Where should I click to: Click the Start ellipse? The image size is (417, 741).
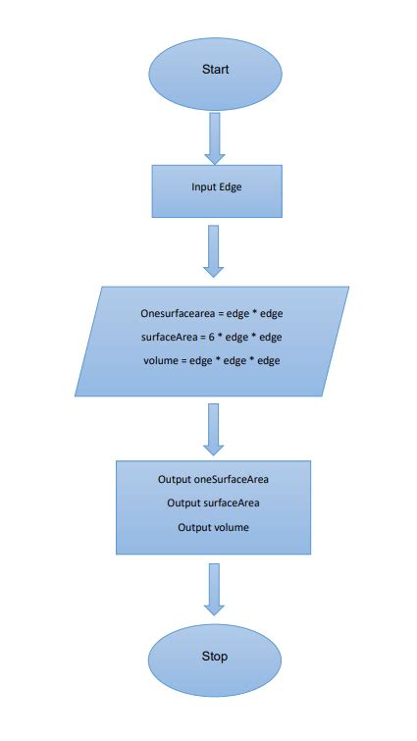click(x=215, y=75)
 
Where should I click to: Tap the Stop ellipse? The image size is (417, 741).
click(x=215, y=661)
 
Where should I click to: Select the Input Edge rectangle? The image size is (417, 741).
click(x=217, y=191)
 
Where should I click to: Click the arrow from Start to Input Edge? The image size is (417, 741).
click(x=215, y=138)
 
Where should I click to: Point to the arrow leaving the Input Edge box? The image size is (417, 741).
click(x=214, y=251)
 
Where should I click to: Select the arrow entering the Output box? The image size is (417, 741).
click(x=214, y=429)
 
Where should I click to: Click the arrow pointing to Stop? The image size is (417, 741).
click(x=214, y=589)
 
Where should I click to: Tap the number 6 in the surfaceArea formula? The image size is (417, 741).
click(x=211, y=338)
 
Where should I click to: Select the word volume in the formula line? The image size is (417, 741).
click(x=160, y=361)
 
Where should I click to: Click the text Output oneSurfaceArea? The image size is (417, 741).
click(x=214, y=479)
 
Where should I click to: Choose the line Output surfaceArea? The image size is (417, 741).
click(x=213, y=503)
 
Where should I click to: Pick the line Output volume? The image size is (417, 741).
click(x=213, y=527)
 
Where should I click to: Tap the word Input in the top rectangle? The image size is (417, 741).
click(x=203, y=187)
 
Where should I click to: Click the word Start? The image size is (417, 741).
click(x=215, y=70)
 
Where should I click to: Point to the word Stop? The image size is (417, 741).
click(x=215, y=656)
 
